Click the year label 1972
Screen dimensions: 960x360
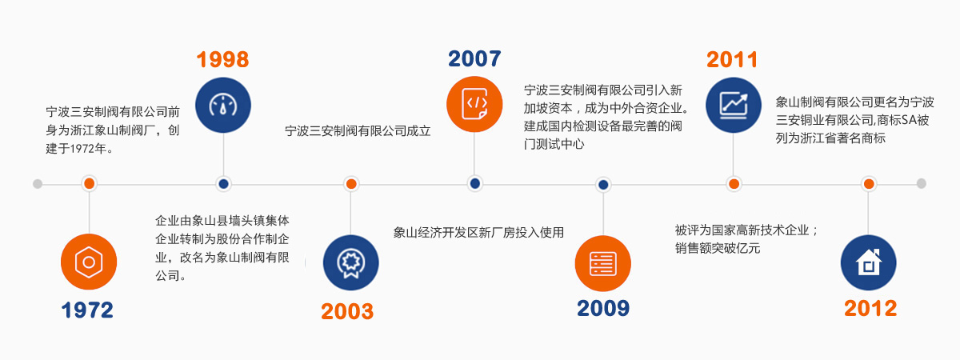pyautogui.click(x=87, y=310)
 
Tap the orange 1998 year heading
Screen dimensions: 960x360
pyautogui.click(x=223, y=59)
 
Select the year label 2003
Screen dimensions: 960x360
pyautogui.click(x=347, y=311)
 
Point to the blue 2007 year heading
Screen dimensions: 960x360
pyautogui.click(x=474, y=58)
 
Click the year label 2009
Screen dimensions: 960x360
pyautogui.click(x=603, y=308)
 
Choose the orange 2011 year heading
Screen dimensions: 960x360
pyautogui.click(x=732, y=59)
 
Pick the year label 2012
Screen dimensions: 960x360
pyautogui.click(x=870, y=309)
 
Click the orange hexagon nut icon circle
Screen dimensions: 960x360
pyautogui.click(x=89, y=262)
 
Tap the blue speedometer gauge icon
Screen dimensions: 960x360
pyautogui.click(x=223, y=105)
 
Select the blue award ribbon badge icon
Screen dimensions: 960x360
pyautogui.click(x=351, y=262)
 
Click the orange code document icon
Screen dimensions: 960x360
pyautogui.click(x=474, y=104)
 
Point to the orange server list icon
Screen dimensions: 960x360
pyautogui.click(x=603, y=263)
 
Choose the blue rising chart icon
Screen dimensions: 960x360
pyautogui.click(x=734, y=105)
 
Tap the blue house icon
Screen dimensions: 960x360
pyautogui.click(x=868, y=262)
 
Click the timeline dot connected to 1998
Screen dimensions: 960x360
pyautogui.click(x=223, y=184)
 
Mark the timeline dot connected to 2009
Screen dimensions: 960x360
pyautogui.click(x=603, y=184)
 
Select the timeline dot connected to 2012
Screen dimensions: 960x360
pyautogui.click(x=869, y=184)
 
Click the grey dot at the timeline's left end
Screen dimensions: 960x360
pyautogui.click(x=38, y=184)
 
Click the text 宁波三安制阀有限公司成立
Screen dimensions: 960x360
pyautogui.click(x=358, y=130)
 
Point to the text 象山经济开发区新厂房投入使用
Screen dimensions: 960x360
pyautogui.click(x=478, y=232)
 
